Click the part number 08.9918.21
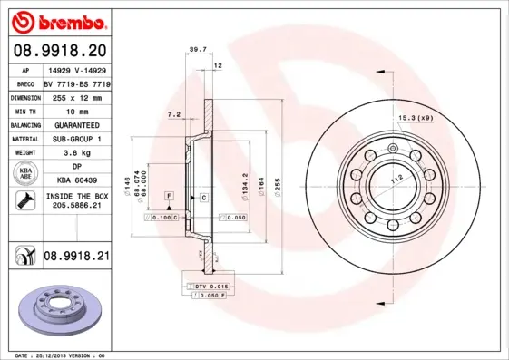76,258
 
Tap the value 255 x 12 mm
76,95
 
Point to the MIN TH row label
24,110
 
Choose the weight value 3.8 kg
76,153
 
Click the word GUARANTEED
76,124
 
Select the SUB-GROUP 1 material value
76,139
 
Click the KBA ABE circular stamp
24,174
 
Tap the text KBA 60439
76,180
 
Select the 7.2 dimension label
173,115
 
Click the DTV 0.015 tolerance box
206,287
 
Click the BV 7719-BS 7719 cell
76,81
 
